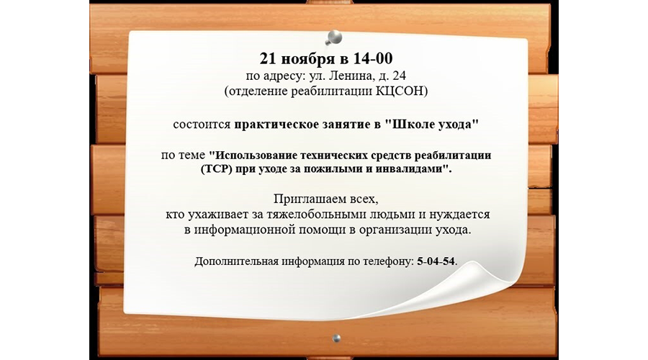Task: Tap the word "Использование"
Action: coord(258,156)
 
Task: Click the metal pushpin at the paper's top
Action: coord(333,35)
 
